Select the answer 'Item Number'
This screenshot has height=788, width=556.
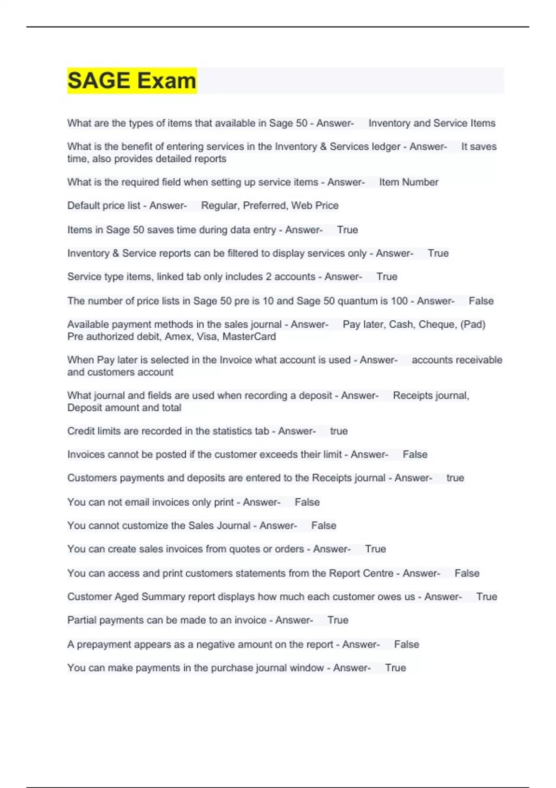coord(409,182)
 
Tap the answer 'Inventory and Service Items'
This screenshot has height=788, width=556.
coord(432,123)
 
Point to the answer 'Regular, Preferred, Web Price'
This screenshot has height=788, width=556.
coord(270,205)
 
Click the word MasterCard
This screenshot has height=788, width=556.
coord(249,337)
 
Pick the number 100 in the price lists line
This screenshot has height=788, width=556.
coord(399,301)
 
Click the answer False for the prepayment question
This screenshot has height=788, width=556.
coord(406,644)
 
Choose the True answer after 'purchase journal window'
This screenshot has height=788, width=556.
coord(395,668)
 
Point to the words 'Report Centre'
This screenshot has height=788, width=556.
coord(361,573)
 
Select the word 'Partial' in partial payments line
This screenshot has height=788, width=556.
coord(82,620)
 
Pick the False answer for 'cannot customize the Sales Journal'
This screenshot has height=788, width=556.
coord(323,526)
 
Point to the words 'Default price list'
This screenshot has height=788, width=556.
coord(103,205)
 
